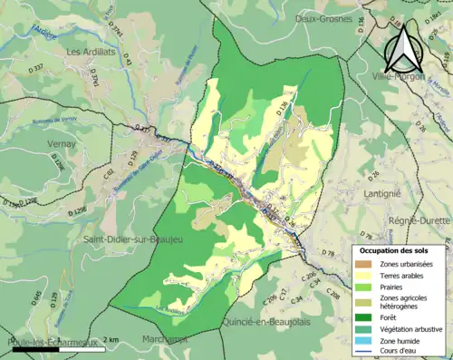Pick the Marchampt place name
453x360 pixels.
click(x=161, y=339)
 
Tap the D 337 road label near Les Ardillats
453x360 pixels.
click(x=35, y=68)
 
